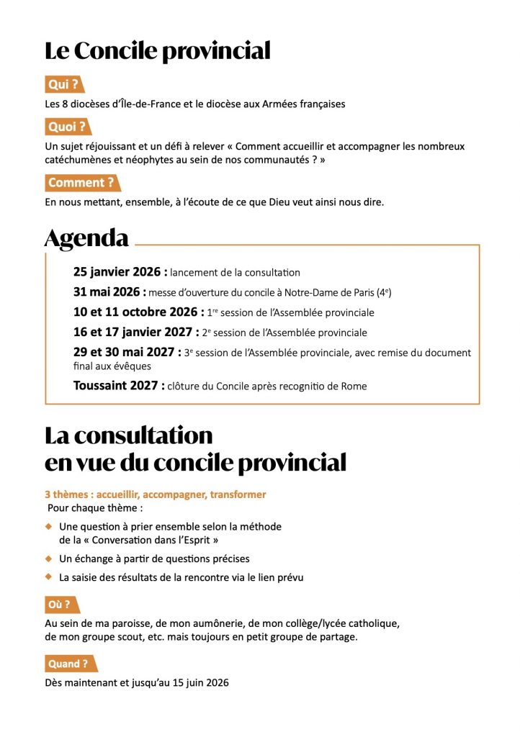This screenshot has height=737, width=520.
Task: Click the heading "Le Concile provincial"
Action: click(x=158, y=51)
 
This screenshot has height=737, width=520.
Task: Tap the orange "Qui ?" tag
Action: click(x=63, y=85)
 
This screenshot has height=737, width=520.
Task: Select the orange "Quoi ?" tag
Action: click(x=66, y=127)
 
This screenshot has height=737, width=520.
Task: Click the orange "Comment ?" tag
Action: click(x=81, y=183)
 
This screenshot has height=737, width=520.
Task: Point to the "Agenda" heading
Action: click(x=86, y=238)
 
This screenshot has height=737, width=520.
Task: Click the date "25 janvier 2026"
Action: click(x=118, y=272)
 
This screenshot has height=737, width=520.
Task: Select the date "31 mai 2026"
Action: click(x=107, y=292)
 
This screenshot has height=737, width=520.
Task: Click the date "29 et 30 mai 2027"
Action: click(x=125, y=353)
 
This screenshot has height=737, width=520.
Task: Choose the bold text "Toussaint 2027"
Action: click(x=117, y=386)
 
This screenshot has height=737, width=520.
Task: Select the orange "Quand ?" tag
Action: click(x=68, y=663)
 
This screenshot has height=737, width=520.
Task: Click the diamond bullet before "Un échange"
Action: click(x=49, y=558)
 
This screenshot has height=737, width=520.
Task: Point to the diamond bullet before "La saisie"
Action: click(x=49, y=577)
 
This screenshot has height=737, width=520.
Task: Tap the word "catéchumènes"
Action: click(x=77, y=160)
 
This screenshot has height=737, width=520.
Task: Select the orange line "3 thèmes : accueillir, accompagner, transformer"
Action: click(x=156, y=494)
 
